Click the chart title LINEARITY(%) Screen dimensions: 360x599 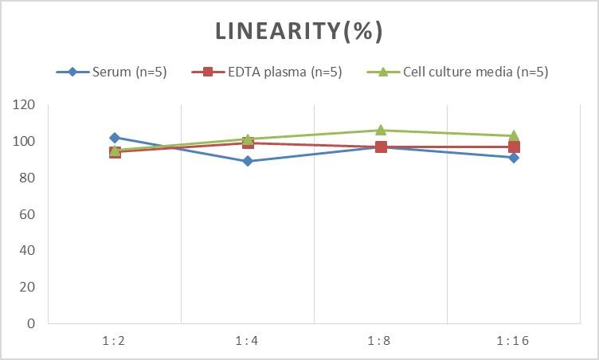point(299,32)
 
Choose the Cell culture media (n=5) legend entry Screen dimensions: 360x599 point(457,72)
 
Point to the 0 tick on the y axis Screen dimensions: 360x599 point(31,323)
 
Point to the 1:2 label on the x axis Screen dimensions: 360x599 point(115,340)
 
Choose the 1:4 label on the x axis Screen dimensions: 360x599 point(248,340)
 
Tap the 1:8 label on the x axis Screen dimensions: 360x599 point(381,340)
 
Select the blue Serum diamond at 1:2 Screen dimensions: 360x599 point(115,138)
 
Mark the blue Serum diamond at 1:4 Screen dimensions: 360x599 point(248,161)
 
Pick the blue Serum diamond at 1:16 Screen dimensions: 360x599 point(514,158)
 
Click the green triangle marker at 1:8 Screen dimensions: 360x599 point(381,130)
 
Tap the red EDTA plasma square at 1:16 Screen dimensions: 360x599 point(514,147)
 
